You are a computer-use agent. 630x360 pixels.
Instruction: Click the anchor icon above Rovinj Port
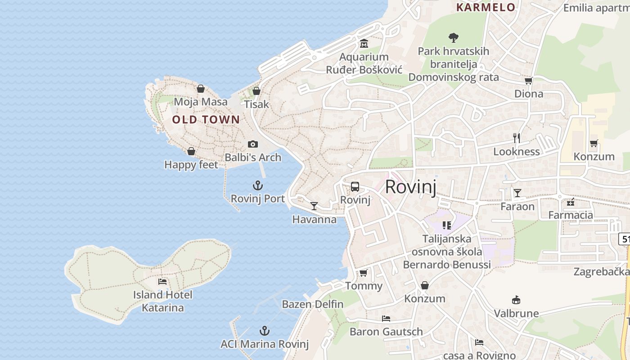[x=258, y=185]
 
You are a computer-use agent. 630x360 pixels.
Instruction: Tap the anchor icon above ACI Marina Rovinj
[x=265, y=331]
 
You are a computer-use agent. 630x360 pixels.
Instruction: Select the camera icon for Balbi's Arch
[x=253, y=144]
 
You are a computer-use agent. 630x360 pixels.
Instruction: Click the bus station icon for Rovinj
[x=355, y=187]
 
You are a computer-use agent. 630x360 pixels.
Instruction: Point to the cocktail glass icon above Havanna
[x=314, y=206]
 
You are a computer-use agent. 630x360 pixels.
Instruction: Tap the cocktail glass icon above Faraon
[x=517, y=193]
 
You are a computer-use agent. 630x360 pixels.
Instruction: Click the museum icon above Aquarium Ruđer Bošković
[x=364, y=44]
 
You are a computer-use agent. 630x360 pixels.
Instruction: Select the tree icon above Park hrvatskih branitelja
[x=453, y=38]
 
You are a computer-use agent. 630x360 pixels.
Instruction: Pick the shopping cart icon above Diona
[x=528, y=81]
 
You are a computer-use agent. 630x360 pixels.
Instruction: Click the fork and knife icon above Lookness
[x=517, y=138]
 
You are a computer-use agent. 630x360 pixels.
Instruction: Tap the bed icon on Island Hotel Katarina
[x=162, y=282]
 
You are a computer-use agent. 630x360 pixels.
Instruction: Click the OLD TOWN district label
[x=206, y=120]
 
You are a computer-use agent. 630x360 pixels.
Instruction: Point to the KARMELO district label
[x=486, y=7]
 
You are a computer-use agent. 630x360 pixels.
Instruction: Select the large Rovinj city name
[x=410, y=187]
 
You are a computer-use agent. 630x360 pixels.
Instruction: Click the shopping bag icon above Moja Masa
[x=201, y=89]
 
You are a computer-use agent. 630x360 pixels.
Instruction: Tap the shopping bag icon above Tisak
[x=256, y=91]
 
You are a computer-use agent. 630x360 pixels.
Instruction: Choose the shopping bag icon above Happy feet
[x=191, y=151]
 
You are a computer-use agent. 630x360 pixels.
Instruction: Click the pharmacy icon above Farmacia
[x=571, y=202]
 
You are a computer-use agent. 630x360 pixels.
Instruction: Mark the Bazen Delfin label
[x=313, y=304]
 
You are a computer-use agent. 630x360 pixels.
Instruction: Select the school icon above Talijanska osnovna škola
[x=446, y=225]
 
